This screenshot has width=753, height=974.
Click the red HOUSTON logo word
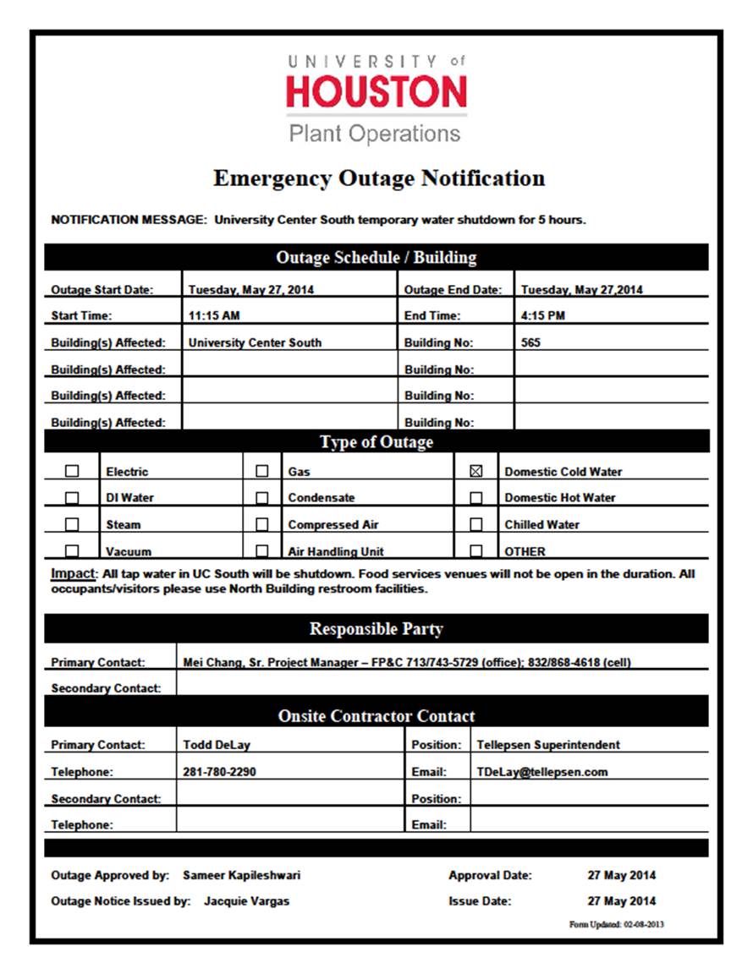click(x=376, y=92)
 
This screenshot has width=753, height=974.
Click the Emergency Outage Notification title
click(x=379, y=178)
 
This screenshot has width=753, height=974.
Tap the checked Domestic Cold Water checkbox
click(x=475, y=472)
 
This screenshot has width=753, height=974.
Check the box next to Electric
click(x=72, y=472)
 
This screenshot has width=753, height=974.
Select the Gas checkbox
click(x=262, y=472)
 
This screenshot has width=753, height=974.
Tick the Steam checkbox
click(x=72, y=524)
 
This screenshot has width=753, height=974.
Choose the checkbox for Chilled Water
click(x=475, y=524)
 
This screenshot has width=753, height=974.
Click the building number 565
click(x=531, y=342)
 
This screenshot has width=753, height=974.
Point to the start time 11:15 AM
click(x=214, y=315)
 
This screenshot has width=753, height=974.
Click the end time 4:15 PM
click(x=543, y=315)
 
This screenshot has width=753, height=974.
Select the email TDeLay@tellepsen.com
click(x=542, y=771)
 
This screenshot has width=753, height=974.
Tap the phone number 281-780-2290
click(x=219, y=771)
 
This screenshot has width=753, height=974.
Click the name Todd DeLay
click(x=217, y=745)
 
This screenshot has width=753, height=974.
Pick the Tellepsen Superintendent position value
click(x=548, y=745)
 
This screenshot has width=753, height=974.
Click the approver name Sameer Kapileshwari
click(x=241, y=875)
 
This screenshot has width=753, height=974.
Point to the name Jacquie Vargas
click(x=246, y=901)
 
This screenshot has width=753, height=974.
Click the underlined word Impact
click(x=72, y=573)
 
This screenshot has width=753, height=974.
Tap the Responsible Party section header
click(x=376, y=628)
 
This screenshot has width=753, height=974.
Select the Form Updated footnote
click(x=616, y=924)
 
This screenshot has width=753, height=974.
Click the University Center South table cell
click(x=255, y=342)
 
